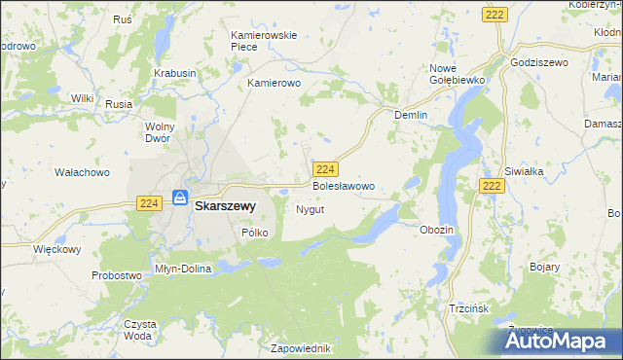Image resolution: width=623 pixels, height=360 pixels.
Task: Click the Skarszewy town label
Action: tap(225, 206)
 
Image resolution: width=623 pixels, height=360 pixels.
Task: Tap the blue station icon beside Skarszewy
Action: tap(180, 198)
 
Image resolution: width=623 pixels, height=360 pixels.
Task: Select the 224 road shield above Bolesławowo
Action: tap(326, 167)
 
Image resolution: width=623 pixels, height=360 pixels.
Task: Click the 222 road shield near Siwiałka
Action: tap(493, 185)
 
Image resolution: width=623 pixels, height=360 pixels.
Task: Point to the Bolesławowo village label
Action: tap(343, 185)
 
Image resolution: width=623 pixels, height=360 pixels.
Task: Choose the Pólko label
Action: tap(254, 233)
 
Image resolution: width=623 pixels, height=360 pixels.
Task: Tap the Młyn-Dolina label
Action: tap(183, 269)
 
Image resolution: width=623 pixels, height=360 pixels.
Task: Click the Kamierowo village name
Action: tap(276, 84)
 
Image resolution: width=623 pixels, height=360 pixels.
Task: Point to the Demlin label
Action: tap(411, 114)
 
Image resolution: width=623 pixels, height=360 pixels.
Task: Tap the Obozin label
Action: tap(436, 230)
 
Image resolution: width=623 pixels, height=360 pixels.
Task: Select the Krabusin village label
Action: tap(175, 73)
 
